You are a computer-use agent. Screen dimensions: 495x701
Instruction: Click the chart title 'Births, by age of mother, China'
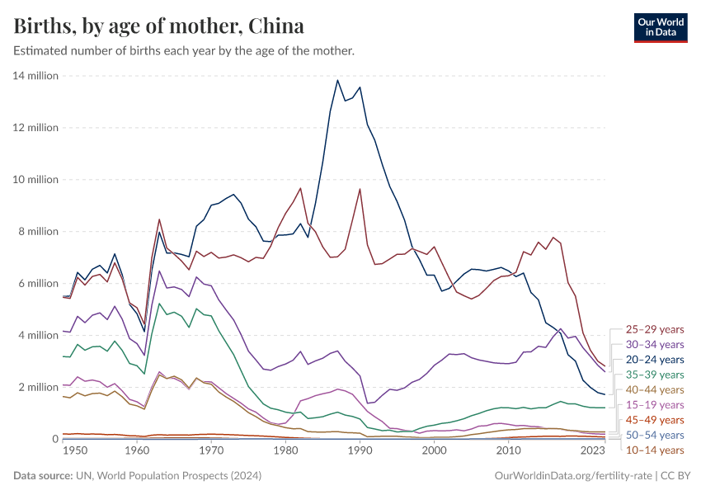(x=159, y=26)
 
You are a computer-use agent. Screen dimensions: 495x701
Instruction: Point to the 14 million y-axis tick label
(x=35, y=76)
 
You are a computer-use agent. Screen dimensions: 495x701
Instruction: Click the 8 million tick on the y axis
(x=38, y=232)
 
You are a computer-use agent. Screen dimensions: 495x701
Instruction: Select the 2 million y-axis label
(x=38, y=387)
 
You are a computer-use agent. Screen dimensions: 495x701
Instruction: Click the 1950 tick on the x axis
(x=77, y=451)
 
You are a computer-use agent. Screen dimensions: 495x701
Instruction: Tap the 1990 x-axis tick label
(x=360, y=451)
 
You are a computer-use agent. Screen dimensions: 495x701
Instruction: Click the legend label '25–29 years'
(x=654, y=329)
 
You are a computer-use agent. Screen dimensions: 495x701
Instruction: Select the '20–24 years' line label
(x=654, y=360)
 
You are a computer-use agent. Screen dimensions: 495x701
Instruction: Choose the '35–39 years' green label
(x=654, y=375)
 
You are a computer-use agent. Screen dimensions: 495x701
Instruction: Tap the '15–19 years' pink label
(x=654, y=405)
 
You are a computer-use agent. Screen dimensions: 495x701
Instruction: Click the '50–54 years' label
(x=654, y=435)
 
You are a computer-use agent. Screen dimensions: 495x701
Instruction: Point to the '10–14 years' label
(x=654, y=450)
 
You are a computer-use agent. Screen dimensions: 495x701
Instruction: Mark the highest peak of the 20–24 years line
(x=337, y=80)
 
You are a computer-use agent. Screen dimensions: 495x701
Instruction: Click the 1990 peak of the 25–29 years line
(x=360, y=189)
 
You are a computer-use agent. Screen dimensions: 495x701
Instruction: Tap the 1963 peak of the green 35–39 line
(x=159, y=304)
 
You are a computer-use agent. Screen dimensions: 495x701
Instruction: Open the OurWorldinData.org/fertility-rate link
(x=573, y=476)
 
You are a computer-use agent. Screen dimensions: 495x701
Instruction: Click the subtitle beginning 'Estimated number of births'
(x=184, y=51)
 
